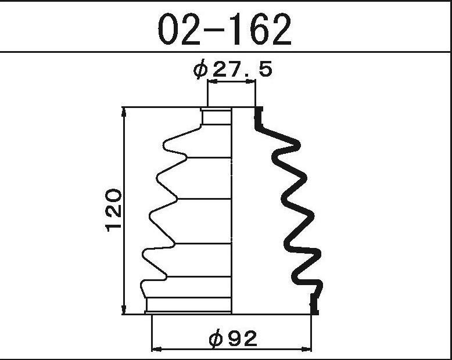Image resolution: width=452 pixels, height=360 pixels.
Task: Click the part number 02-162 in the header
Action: click(x=225, y=30)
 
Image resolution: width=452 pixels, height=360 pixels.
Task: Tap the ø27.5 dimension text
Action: click(x=232, y=69)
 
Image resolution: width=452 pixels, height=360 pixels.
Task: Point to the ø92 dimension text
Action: click(x=233, y=339)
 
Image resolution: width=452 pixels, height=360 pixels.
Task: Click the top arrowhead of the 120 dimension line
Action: click(x=124, y=111)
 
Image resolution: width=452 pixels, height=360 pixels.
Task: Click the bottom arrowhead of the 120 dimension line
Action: click(x=124, y=309)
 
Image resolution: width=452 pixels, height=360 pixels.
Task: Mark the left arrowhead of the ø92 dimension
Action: click(x=156, y=349)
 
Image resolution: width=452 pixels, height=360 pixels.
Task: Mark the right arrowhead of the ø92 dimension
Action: click(x=306, y=349)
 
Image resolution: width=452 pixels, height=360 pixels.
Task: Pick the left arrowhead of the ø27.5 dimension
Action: click(x=213, y=82)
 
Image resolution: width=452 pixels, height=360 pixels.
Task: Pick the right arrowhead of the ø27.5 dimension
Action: click(x=250, y=82)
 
